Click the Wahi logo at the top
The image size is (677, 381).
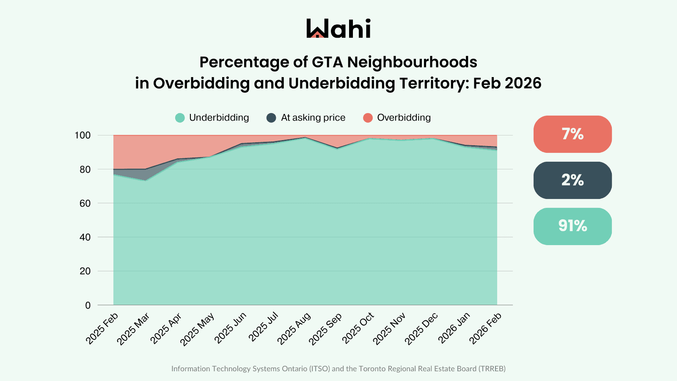(338, 28)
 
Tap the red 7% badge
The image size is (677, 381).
(572, 134)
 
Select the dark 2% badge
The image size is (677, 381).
(572, 180)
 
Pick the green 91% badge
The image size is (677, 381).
(572, 226)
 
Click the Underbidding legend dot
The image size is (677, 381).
(180, 118)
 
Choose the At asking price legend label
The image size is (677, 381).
(313, 118)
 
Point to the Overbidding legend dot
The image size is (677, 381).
(368, 118)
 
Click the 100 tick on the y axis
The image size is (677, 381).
(83, 135)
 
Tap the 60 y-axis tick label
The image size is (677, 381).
(85, 203)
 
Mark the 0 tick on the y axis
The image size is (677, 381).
(88, 305)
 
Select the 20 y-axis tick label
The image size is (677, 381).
(85, 271)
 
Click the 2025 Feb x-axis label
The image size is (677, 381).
(102, 329)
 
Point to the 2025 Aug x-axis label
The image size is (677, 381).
(294, 329)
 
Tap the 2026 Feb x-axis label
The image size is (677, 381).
(485, 329)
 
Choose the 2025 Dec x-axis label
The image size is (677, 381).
(421, 329)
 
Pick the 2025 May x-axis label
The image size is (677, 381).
(197, 329)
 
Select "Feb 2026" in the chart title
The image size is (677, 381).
(507, 83)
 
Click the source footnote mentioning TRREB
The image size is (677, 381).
(338, 369)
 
